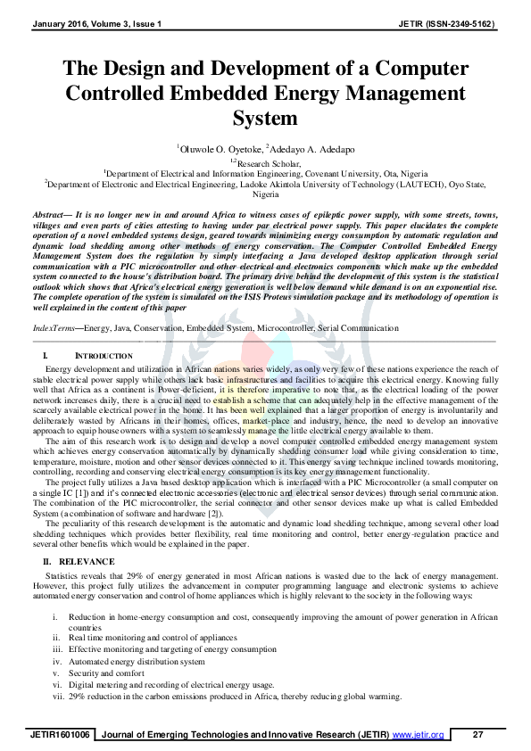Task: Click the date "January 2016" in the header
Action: [x=56, y=21]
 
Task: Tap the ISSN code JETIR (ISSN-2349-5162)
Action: [x=447, y=21]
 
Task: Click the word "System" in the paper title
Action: [x=265, y=120]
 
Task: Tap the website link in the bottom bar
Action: [x=418, y=735]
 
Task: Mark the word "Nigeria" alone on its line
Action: [x=265, y=194]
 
